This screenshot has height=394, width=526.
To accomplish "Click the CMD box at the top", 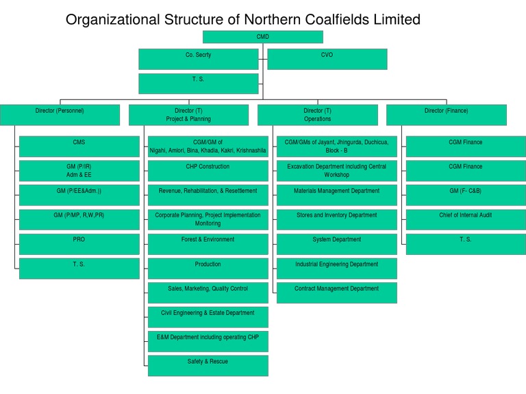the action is [x=263, y=36].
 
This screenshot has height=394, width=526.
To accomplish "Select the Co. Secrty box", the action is [x=198, y=59].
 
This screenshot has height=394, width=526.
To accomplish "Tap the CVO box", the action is [x=327, y=59].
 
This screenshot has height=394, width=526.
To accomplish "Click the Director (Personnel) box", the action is [x=60, y=114].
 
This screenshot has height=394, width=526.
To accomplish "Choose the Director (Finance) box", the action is [x=447, y=114].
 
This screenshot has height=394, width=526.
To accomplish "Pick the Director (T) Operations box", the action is [x=317, y=114].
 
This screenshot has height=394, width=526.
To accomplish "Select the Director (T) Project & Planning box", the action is [x=188, y=114].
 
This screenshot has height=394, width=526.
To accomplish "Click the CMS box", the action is [x=79, y=147].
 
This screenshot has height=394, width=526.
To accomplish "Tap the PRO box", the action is [x=79, y=244].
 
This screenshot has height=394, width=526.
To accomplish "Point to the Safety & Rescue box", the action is [x=208, y=365].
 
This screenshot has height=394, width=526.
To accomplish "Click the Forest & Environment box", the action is [x=208, y=244].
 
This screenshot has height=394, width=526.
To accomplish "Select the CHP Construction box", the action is [x=208, y=171].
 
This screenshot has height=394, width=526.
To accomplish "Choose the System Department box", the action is [x=336, y=244].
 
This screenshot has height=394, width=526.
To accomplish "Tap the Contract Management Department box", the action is [x=336, y=293].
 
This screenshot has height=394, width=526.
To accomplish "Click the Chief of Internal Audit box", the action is [x=466, y=219].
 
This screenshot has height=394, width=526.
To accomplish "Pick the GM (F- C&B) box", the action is [x=466, y=195].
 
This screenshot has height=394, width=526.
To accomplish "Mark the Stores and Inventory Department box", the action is [x=336, y=219].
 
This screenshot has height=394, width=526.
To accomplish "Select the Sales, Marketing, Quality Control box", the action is [x=208, y=293].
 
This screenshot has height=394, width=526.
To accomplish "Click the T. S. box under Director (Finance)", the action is [x=466, y=244].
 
